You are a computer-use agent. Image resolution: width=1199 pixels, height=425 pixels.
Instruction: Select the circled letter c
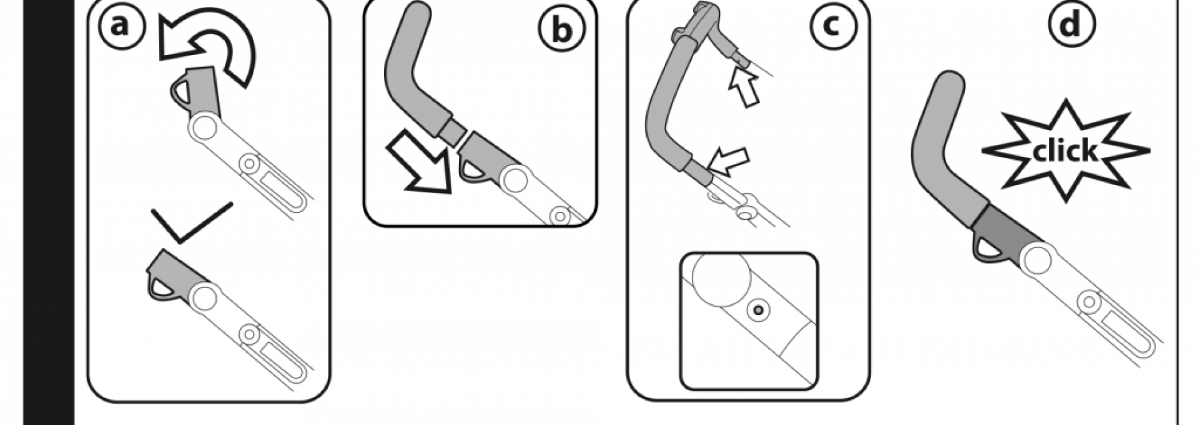pos(832,26)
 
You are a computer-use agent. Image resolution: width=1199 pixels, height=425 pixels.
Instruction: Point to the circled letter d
pos(1072,26)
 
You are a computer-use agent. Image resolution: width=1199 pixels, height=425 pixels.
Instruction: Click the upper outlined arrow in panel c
pos(745,87)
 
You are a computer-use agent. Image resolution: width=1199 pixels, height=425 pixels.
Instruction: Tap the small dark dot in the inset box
pos(758,309)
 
